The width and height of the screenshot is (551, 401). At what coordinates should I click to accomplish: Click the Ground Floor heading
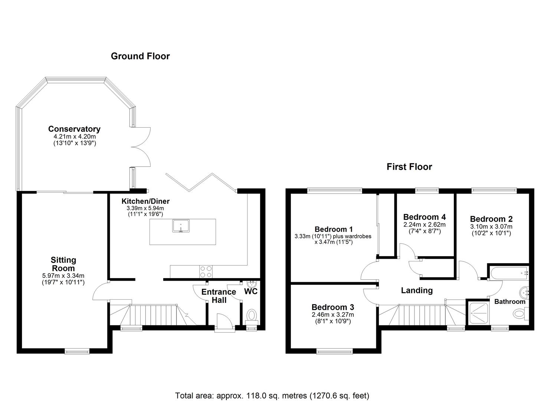click(140, 56)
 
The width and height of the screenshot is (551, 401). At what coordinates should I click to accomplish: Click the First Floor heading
click(409, 167)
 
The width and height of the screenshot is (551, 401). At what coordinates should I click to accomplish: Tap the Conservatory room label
click(74, 129)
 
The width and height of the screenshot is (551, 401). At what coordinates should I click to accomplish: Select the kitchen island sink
click(181, 226)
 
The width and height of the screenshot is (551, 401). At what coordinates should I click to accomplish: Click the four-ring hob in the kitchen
click(206, 272)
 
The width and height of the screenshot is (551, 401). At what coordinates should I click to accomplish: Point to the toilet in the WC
click(252, 316)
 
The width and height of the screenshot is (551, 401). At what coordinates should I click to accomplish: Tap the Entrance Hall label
click(219, 296)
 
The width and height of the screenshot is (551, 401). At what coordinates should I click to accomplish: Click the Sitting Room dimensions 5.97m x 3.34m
click(63, 276)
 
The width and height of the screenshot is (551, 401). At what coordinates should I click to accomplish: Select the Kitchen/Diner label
click(145, 201)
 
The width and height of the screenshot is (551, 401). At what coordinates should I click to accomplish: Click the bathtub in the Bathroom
click(509, 273)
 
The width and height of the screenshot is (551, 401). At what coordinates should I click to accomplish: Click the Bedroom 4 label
click(424, 217)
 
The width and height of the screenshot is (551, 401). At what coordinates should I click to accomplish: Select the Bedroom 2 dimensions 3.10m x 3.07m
click(491, 226)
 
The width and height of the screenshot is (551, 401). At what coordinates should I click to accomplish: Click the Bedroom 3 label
click(333, 307)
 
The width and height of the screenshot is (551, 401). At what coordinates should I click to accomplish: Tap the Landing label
click(417, 290)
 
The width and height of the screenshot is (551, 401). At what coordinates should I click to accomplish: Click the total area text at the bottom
click(272, 395)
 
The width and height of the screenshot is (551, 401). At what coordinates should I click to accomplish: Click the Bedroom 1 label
click(334, 229)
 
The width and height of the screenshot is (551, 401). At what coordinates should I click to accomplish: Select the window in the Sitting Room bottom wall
click(77, 351)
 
